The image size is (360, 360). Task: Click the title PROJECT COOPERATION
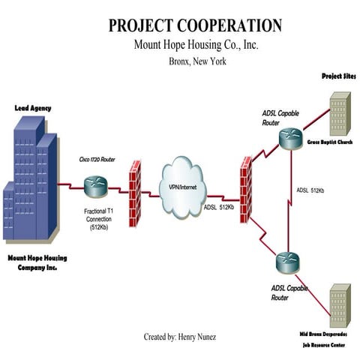point(195,25)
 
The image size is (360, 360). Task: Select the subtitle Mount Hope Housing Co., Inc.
point(196,46)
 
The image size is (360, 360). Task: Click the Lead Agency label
point(33,108)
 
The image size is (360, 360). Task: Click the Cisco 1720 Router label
point(97,160)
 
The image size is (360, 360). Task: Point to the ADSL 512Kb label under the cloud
point(219,207)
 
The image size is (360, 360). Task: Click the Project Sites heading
point(338,77)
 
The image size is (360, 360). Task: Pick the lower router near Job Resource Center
point(287,262)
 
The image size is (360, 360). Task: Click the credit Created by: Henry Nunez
point(180,337)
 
